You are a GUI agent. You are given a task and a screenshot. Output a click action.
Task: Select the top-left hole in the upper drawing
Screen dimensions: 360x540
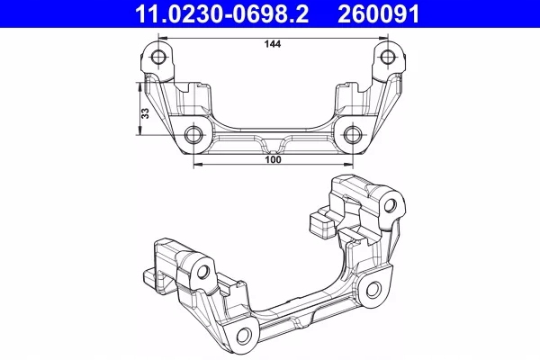coord(159,58)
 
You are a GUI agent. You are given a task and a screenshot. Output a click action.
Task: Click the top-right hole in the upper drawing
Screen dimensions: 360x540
coord(388,58)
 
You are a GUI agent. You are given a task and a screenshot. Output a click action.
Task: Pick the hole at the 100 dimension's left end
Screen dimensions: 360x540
coord(193,136)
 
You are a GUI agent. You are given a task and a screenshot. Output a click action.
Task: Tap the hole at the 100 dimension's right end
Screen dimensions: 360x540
coord(353,136)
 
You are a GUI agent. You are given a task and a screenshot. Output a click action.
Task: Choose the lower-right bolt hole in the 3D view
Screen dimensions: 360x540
coord(370,289)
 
